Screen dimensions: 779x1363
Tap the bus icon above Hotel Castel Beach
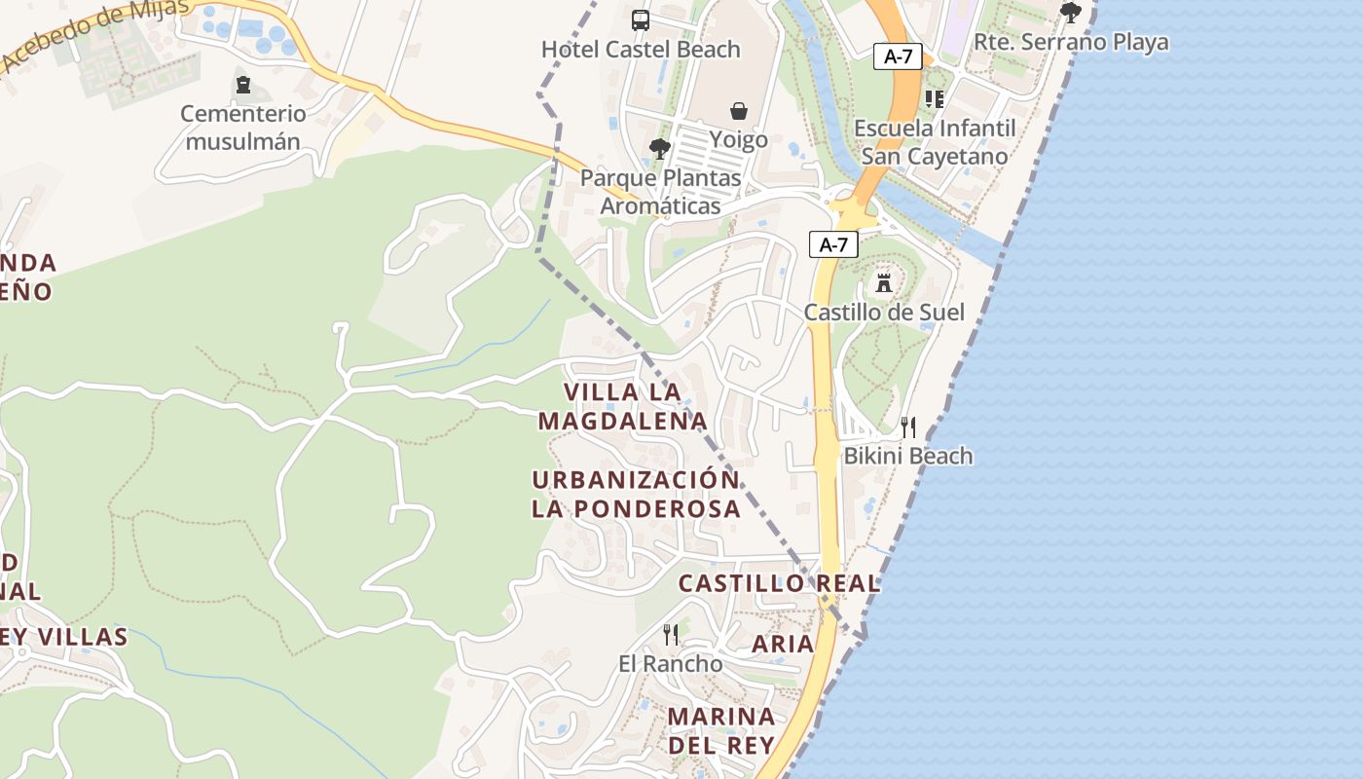click(641, 19)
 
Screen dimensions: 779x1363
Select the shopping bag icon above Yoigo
click(739, 111)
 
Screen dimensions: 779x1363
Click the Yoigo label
click(738, 139)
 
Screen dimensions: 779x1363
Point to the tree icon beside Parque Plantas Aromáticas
click(660, 149)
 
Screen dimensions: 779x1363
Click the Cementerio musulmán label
click(242, 128)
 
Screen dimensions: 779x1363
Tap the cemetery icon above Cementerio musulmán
click(243, 85)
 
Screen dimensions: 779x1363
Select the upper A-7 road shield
click(897, 56)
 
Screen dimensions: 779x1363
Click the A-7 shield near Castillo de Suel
click(833, 244)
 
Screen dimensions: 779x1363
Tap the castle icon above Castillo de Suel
click(884, 283)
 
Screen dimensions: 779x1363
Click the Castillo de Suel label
click(884, 313)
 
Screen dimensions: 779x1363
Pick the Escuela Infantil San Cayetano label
click(934, 142)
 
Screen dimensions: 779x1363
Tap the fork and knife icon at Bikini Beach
click(908, 427)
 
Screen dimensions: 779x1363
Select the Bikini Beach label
click(907, 456)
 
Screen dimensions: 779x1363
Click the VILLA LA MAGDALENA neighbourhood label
click(622, 406)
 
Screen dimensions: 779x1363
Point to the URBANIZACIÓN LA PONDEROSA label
click(636, 495)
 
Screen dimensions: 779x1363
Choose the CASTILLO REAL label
click(779, 583)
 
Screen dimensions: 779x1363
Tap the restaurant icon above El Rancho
click(671, 635)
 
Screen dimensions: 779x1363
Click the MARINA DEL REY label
click(721, 730)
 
